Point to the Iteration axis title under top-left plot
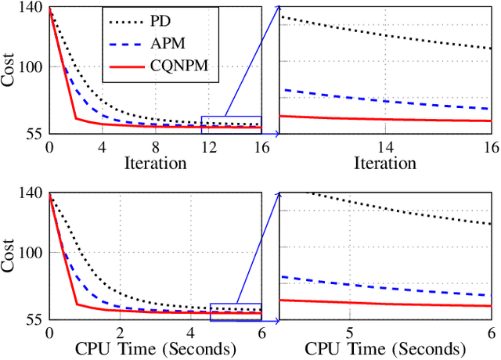click(x=155, y=164)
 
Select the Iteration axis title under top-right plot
click(x=385, y=164)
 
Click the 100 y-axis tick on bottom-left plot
click(x=32, y=252)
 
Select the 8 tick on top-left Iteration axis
click(x=155, y=147)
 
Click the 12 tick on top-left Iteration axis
click(x=207, y=147)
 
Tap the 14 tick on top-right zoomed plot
click(x=385, y=147)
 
